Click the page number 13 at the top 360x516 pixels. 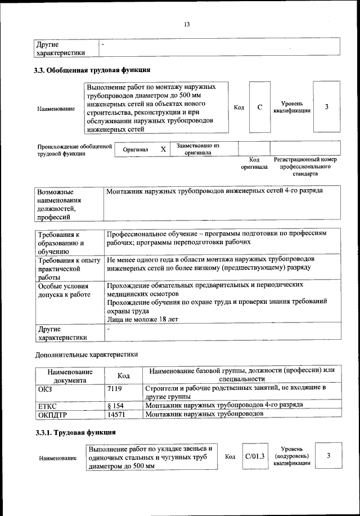[187, 24]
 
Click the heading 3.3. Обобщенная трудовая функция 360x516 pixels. [92, 70]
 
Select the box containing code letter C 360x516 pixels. [260, 107]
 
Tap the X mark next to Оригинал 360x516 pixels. [163, 149]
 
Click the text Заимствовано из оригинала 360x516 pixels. [197, 149]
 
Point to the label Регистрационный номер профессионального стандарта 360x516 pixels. [305, 167]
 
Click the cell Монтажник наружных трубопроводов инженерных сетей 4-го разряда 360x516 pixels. [214, 192]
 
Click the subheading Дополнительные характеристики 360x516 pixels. [86, 355]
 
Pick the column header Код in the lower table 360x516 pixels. [124, 376]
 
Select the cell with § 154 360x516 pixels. [116, 405]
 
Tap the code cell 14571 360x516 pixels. [116, 415]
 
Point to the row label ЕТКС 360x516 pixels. [48, 405]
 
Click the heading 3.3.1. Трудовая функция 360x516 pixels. [75, 433]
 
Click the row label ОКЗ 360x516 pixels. [45, 388]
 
